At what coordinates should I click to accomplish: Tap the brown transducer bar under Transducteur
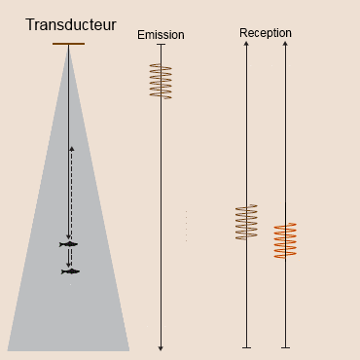pos(68,44)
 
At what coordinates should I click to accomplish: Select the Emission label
pos(161,35)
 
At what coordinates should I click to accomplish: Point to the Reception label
pos(265,33)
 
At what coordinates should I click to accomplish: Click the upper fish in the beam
pos(68,244)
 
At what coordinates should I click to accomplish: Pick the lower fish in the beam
pos(70,271)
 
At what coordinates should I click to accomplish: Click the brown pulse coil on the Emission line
pos(161,81)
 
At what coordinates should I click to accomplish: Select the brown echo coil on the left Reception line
pos(246,222)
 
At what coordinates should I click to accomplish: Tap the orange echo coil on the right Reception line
pos(285,240)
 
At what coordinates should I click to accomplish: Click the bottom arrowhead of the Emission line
pos(161,347)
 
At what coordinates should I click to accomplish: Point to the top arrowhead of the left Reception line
pos(246,45)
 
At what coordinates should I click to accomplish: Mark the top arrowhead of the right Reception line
pos(285,45)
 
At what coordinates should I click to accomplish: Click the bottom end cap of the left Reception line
pos(246,347)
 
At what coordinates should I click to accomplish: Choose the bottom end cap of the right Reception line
pos(285,347)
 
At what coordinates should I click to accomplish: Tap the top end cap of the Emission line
pos(161,45)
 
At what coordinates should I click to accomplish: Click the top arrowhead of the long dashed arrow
pos(72,149)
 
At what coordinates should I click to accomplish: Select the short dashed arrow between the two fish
pos(72,258)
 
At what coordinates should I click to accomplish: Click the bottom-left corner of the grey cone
pos(8,349)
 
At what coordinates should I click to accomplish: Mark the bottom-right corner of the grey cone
pos(129,349)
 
